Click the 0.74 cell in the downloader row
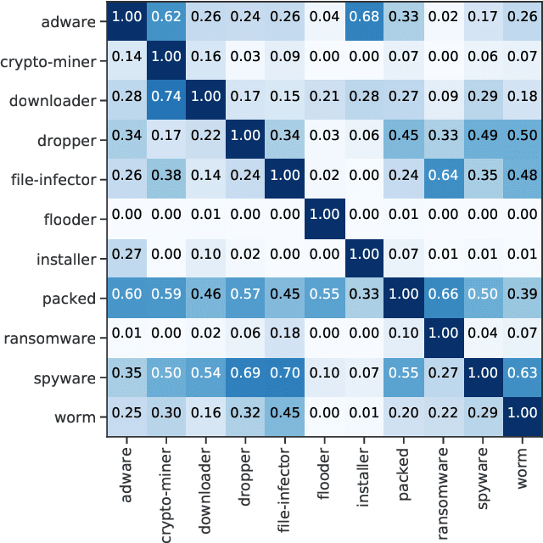coord(168,101)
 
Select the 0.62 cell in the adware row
coord(168,21)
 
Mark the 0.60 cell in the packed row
coord(128,299)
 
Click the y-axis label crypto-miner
coord(50,61)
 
